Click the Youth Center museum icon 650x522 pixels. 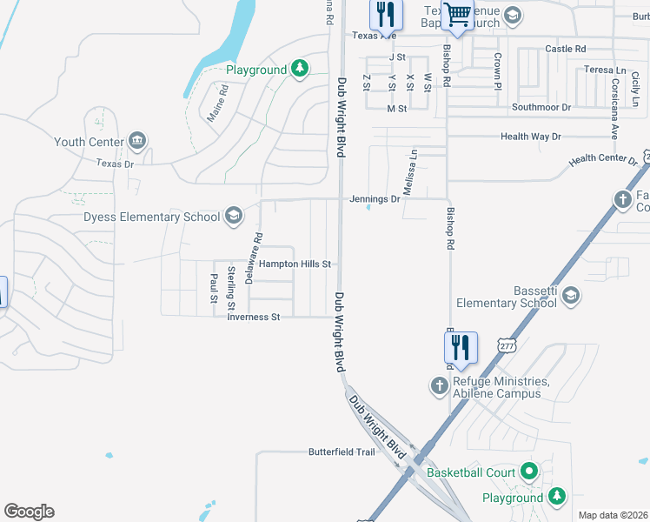(x=137, y=141)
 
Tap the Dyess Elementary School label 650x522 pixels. (x=152, y=217)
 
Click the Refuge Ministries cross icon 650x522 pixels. (x=441, y=385)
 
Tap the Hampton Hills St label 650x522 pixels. (x=295, y=264)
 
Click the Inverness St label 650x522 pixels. (x=253, y=318)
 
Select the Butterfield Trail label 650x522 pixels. (x=342, y=452)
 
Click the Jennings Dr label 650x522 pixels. (x=375, y=198)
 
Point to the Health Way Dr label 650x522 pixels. (x=531, y=137)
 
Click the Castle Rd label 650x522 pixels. (x=566, y=49)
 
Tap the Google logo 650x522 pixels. (x=29, y=512)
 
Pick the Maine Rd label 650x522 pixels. (x=217, y=101)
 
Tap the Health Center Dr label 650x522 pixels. (x=603, y=160)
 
